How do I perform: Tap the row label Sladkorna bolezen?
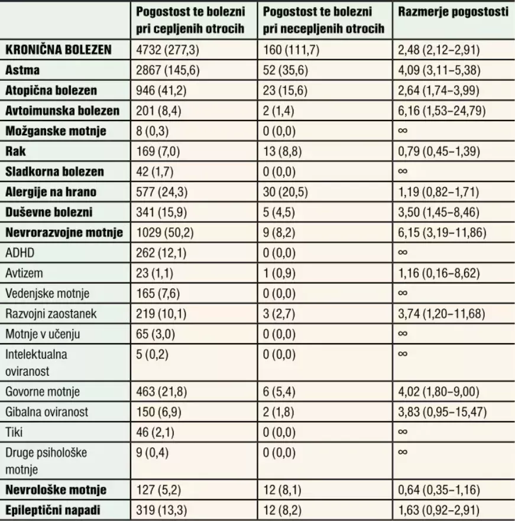pos(54,172)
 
